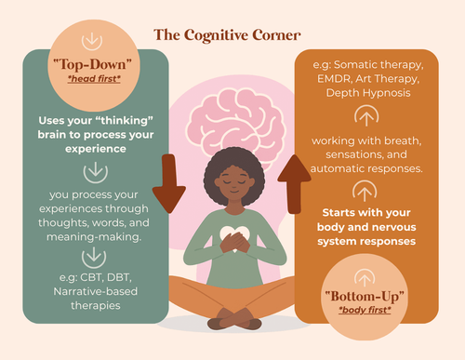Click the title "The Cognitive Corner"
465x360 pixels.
tap(227, 35)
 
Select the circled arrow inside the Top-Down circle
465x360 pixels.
tap(91, 42)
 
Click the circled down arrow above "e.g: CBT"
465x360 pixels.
tap(91, 253)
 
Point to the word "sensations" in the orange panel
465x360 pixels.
tap(364, 155)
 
